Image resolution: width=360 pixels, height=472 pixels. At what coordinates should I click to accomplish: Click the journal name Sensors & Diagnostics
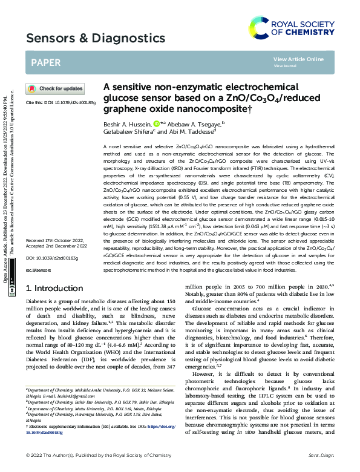(x=96, y=39)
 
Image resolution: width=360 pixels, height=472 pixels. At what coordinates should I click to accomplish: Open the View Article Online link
(x=298, y=59)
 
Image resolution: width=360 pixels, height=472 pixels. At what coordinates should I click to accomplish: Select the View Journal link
(x=285, y=67)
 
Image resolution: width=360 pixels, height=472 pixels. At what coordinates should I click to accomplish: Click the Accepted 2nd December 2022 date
(x=56, y=263)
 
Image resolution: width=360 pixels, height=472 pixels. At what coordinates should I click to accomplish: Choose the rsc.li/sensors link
(x=38, y=280)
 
